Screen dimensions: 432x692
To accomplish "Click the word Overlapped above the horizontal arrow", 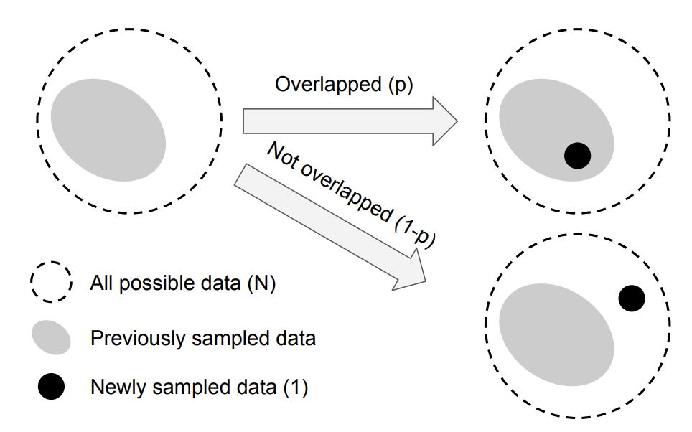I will coord(327,84).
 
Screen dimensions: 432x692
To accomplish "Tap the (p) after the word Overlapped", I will coord(399,85).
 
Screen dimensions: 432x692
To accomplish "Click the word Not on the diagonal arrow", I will coord(281,156).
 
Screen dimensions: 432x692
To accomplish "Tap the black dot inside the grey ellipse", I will coord(577,155).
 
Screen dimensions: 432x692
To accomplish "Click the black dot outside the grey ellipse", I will coord(631,298).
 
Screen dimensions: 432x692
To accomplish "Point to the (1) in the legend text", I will coord(296,388).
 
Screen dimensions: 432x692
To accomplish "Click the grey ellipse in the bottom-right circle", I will coord(556,334).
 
